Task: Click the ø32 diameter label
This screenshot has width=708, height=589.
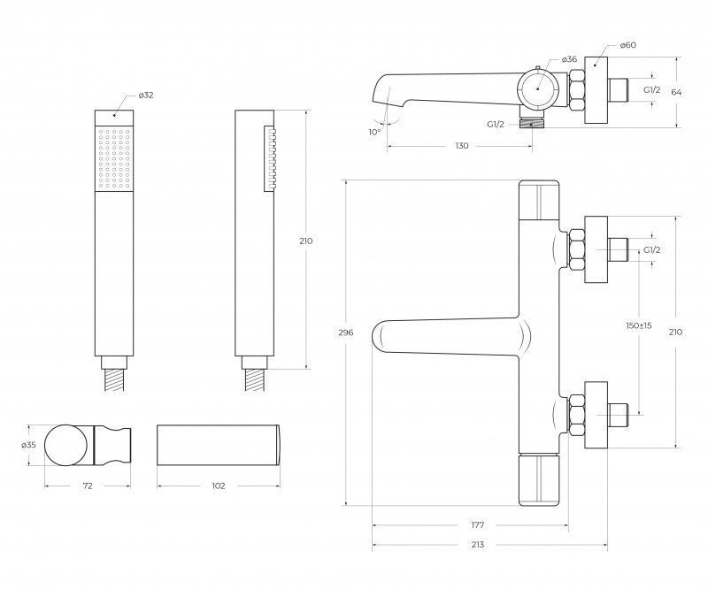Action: coord(148,94)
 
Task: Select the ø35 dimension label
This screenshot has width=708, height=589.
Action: coord(27,445)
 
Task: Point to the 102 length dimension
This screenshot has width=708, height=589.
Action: coord(219,486)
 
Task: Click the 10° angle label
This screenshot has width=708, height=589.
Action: coord(374,132)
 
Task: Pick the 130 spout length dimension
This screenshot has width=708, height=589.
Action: coord(461,146)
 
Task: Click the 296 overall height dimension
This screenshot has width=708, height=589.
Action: coord(346,333)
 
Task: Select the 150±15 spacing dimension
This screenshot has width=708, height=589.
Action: coord(638,326)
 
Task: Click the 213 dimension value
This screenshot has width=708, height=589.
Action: coord(478,546)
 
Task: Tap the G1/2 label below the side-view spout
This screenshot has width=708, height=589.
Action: coord(497,125)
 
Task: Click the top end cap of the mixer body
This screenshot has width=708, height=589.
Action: coord(538,198)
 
